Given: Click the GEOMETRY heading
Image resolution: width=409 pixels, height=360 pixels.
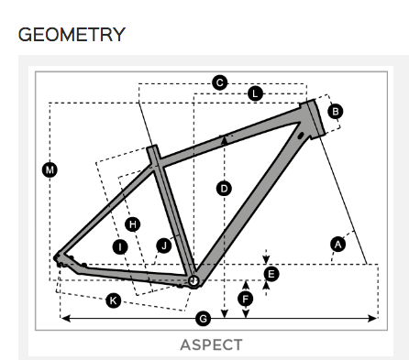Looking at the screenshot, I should coord(72,35).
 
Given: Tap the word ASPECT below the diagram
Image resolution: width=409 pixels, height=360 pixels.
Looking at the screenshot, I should coord(211,344).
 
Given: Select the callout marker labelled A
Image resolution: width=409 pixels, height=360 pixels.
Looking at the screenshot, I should coord(337,243).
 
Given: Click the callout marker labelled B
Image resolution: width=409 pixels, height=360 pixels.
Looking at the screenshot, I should coord(335,112).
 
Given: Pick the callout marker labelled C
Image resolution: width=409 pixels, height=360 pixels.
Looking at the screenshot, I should coord(219,83).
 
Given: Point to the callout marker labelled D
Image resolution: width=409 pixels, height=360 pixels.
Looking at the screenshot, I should coord(224,189).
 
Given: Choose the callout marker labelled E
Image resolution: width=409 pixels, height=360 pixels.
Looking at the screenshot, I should coord(271,273).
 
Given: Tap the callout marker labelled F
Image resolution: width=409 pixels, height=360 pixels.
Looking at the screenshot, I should coord(245,299).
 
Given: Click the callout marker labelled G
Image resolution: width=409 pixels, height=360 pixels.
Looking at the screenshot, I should coord(204,318).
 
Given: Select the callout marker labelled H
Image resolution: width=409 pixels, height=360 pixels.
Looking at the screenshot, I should coord(133,224).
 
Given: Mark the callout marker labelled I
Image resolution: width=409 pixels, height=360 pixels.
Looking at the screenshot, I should coord(119,246).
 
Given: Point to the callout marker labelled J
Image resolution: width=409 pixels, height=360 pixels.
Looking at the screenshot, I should coord(164,245).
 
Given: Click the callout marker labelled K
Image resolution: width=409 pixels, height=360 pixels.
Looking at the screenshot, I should coord(113,300).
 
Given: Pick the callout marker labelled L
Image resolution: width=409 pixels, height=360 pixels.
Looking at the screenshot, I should coord(255,93).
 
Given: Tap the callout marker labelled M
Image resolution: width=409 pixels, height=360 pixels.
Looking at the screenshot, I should coord(49,169).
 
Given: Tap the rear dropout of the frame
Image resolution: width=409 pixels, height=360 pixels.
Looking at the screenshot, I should coord(60,260).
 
